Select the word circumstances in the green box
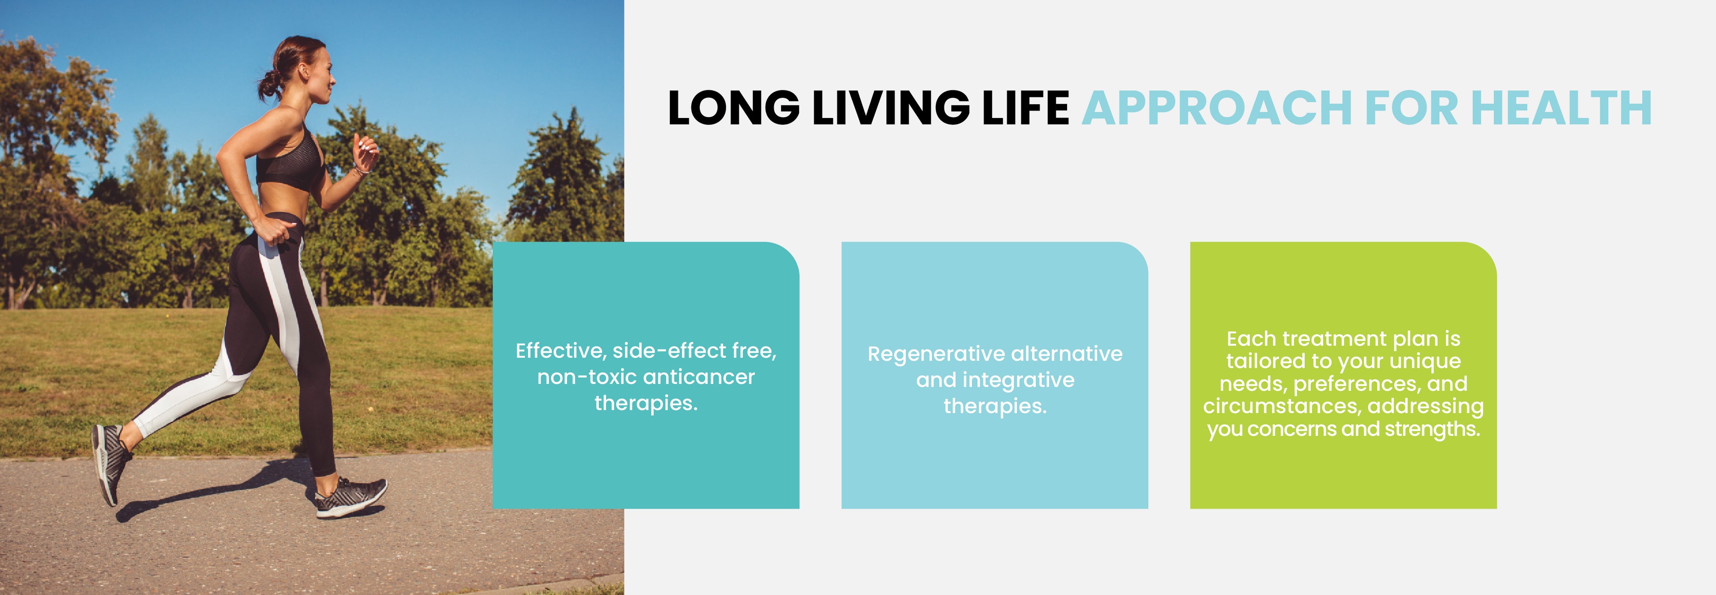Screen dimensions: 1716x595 [1283, 406]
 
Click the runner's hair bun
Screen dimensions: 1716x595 [269, 84]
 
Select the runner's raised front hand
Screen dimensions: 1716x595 [366, 154]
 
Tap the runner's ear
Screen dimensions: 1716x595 [303, 70]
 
